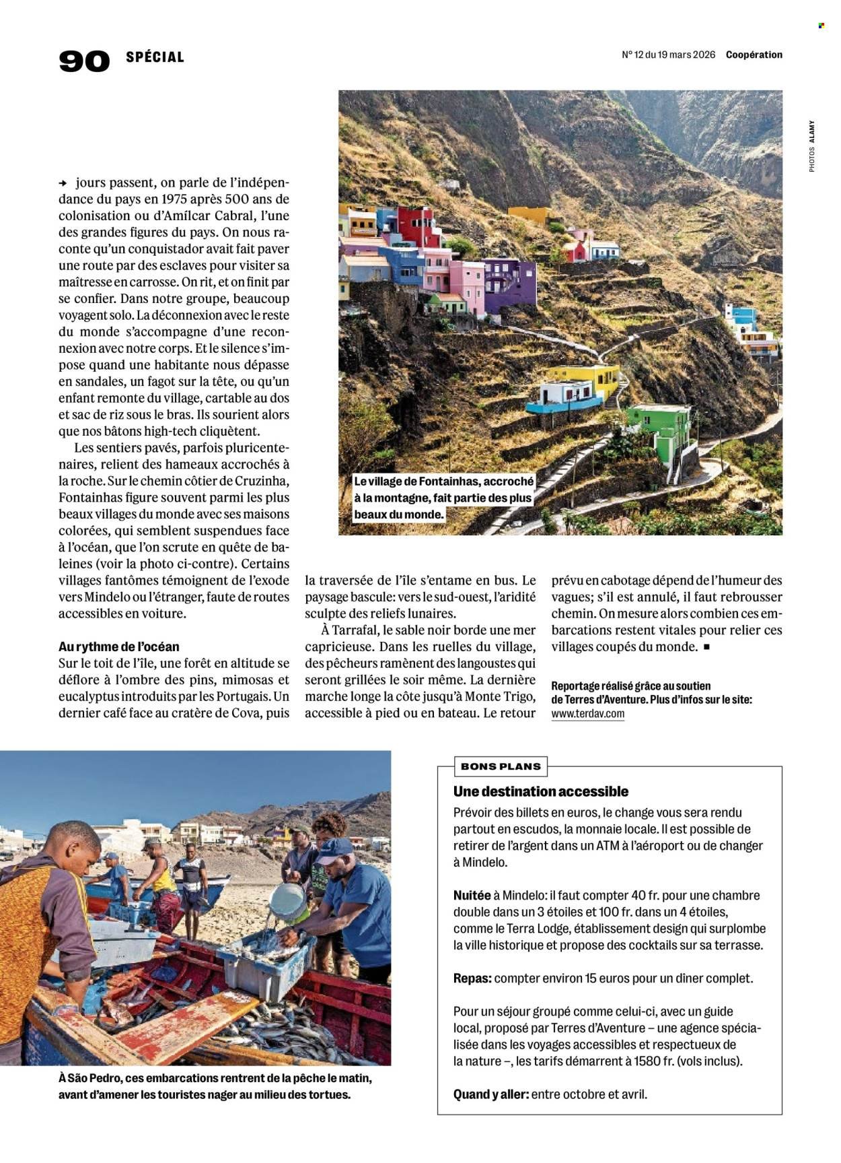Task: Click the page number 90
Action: (84, 61)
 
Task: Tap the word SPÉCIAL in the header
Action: (155, 57)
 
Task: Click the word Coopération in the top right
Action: (754, 55)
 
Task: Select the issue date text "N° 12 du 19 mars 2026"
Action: (668, 55)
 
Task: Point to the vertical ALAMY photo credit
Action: (812, 131)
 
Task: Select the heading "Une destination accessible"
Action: (541, 791)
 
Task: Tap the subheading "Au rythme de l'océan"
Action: (119, 647)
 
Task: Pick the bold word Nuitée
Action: (472, 896)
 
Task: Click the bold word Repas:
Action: (472, 978)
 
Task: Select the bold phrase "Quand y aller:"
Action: (490, 1094)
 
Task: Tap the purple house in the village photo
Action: (509, 283)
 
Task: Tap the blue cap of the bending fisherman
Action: (332, 852)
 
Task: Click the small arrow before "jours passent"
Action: (63, 183)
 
